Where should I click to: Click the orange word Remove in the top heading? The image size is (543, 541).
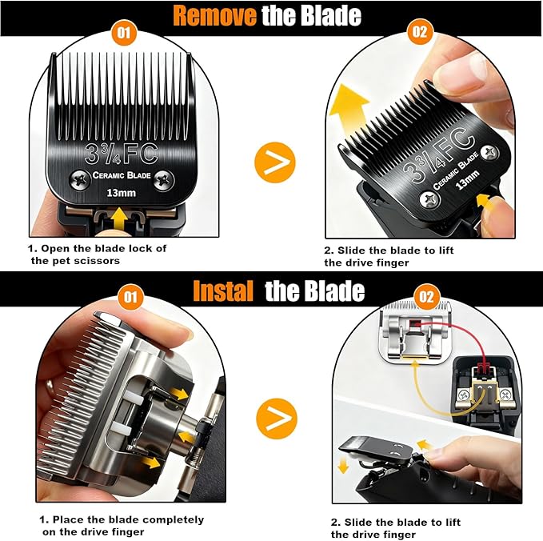coord(214,15)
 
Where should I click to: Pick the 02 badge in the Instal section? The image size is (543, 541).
coord(427,297)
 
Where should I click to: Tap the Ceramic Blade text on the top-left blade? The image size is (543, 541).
coord(121,176)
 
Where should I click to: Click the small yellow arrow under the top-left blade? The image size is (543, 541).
coord(121,217)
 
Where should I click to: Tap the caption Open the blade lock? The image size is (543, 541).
coord(98,254)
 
